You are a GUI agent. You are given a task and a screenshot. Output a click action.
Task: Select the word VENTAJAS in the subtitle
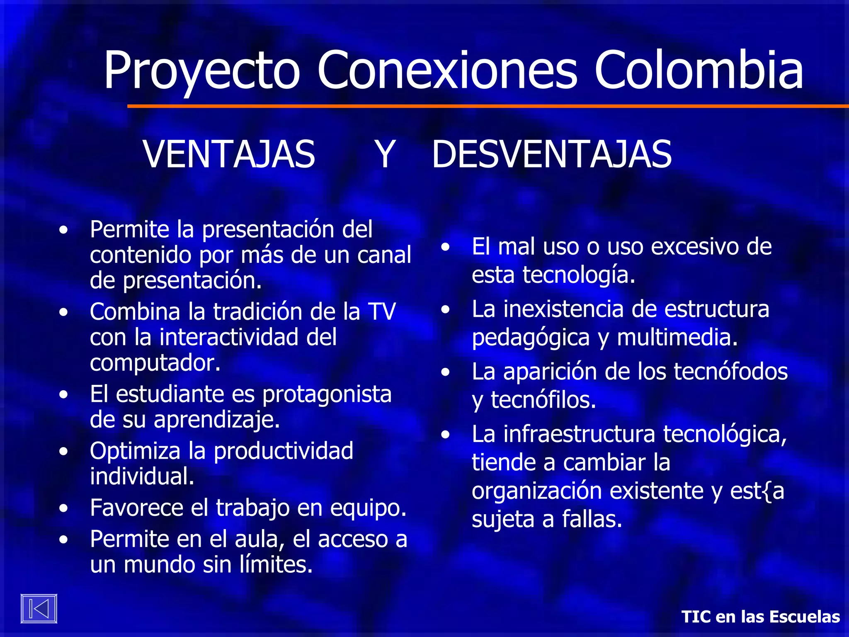pyautogui.click(x=229, y=154)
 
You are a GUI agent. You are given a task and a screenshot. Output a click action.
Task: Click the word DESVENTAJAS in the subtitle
pyautogui.click(x=552, y=154)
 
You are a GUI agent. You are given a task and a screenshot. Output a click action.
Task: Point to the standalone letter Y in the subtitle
pyautogui.click(x=385, y=154)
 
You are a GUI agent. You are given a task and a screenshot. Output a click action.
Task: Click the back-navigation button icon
pyautogui.click(x=39, y=609)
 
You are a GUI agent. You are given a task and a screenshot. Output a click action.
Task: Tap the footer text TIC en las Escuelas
pyautogui.click(x=760, y=617)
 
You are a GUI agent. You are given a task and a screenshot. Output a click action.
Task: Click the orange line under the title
pyautogui.click(x=488, y=106)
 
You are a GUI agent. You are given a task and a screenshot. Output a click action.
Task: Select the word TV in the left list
pyautogui.click(x=382, y=311)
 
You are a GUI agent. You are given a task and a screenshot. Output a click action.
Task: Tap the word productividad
pyautogui.click(x=283, y=451)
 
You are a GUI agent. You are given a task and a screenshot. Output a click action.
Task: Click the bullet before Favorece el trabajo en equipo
pyautogui.click(x=63, y=508)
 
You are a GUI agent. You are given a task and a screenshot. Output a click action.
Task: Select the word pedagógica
pyautogui.click(x=531, y=338)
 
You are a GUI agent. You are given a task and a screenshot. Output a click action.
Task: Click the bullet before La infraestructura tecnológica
pyautogui.click(x=446, y=435)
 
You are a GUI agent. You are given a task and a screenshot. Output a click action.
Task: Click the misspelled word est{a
pyautogui.click(x=757, y=491)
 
